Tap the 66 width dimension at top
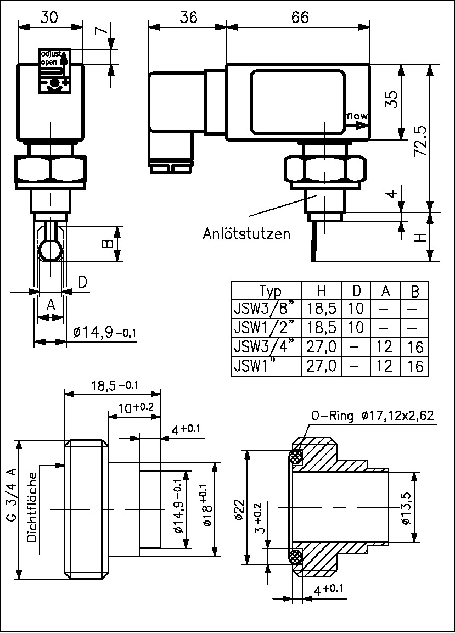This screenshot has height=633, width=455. pos(299,17)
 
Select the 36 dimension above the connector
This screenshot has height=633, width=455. pos(188,17)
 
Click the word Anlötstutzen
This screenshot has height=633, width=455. pos(246,234)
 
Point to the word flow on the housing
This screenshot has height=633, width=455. pos(357,116)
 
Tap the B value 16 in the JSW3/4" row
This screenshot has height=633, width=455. pos(415,348)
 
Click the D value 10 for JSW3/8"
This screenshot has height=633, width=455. pos(356,309)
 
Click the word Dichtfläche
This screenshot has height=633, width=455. pos(32,507)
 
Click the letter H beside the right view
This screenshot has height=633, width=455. pos(419,237)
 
